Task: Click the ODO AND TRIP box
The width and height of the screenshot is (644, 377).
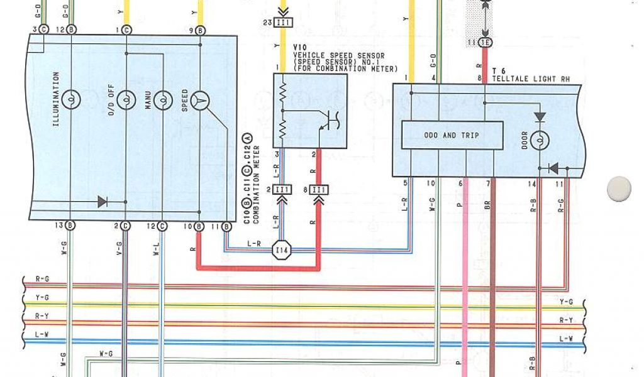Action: [452, 135]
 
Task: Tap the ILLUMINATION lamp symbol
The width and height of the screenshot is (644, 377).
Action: [72, 99]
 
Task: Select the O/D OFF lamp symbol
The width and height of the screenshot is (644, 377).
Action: [126, 99]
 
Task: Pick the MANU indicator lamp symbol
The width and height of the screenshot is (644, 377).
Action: [163, 99]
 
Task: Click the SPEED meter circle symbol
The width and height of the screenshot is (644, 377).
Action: [200, 99]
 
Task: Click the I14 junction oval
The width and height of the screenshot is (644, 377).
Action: [282, 251]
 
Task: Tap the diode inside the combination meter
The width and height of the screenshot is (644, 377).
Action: [102, 202]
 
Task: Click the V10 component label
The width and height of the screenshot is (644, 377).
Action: [300, 47]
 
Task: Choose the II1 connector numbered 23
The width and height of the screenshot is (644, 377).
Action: [284, 23]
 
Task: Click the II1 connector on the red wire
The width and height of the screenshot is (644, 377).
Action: [319, 190]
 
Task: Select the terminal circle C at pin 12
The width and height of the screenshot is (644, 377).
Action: [162, 226]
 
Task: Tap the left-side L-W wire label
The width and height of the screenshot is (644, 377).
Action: [42, 335]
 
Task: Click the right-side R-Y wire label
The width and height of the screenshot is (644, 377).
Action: [566, 320]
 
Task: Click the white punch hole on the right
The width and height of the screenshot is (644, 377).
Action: [619, 188]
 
